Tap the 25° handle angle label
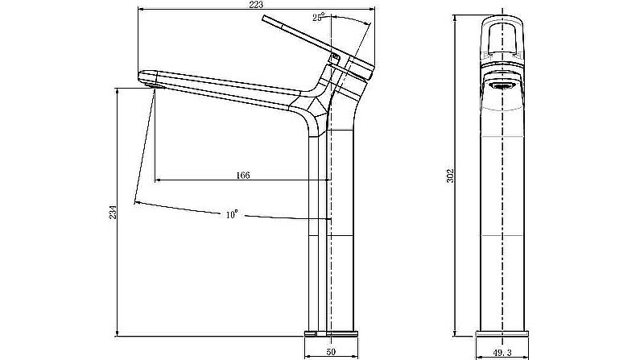click(x=320, y=17)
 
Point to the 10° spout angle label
click(x=232, y=214)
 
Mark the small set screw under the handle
click(x=332, y=56)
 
